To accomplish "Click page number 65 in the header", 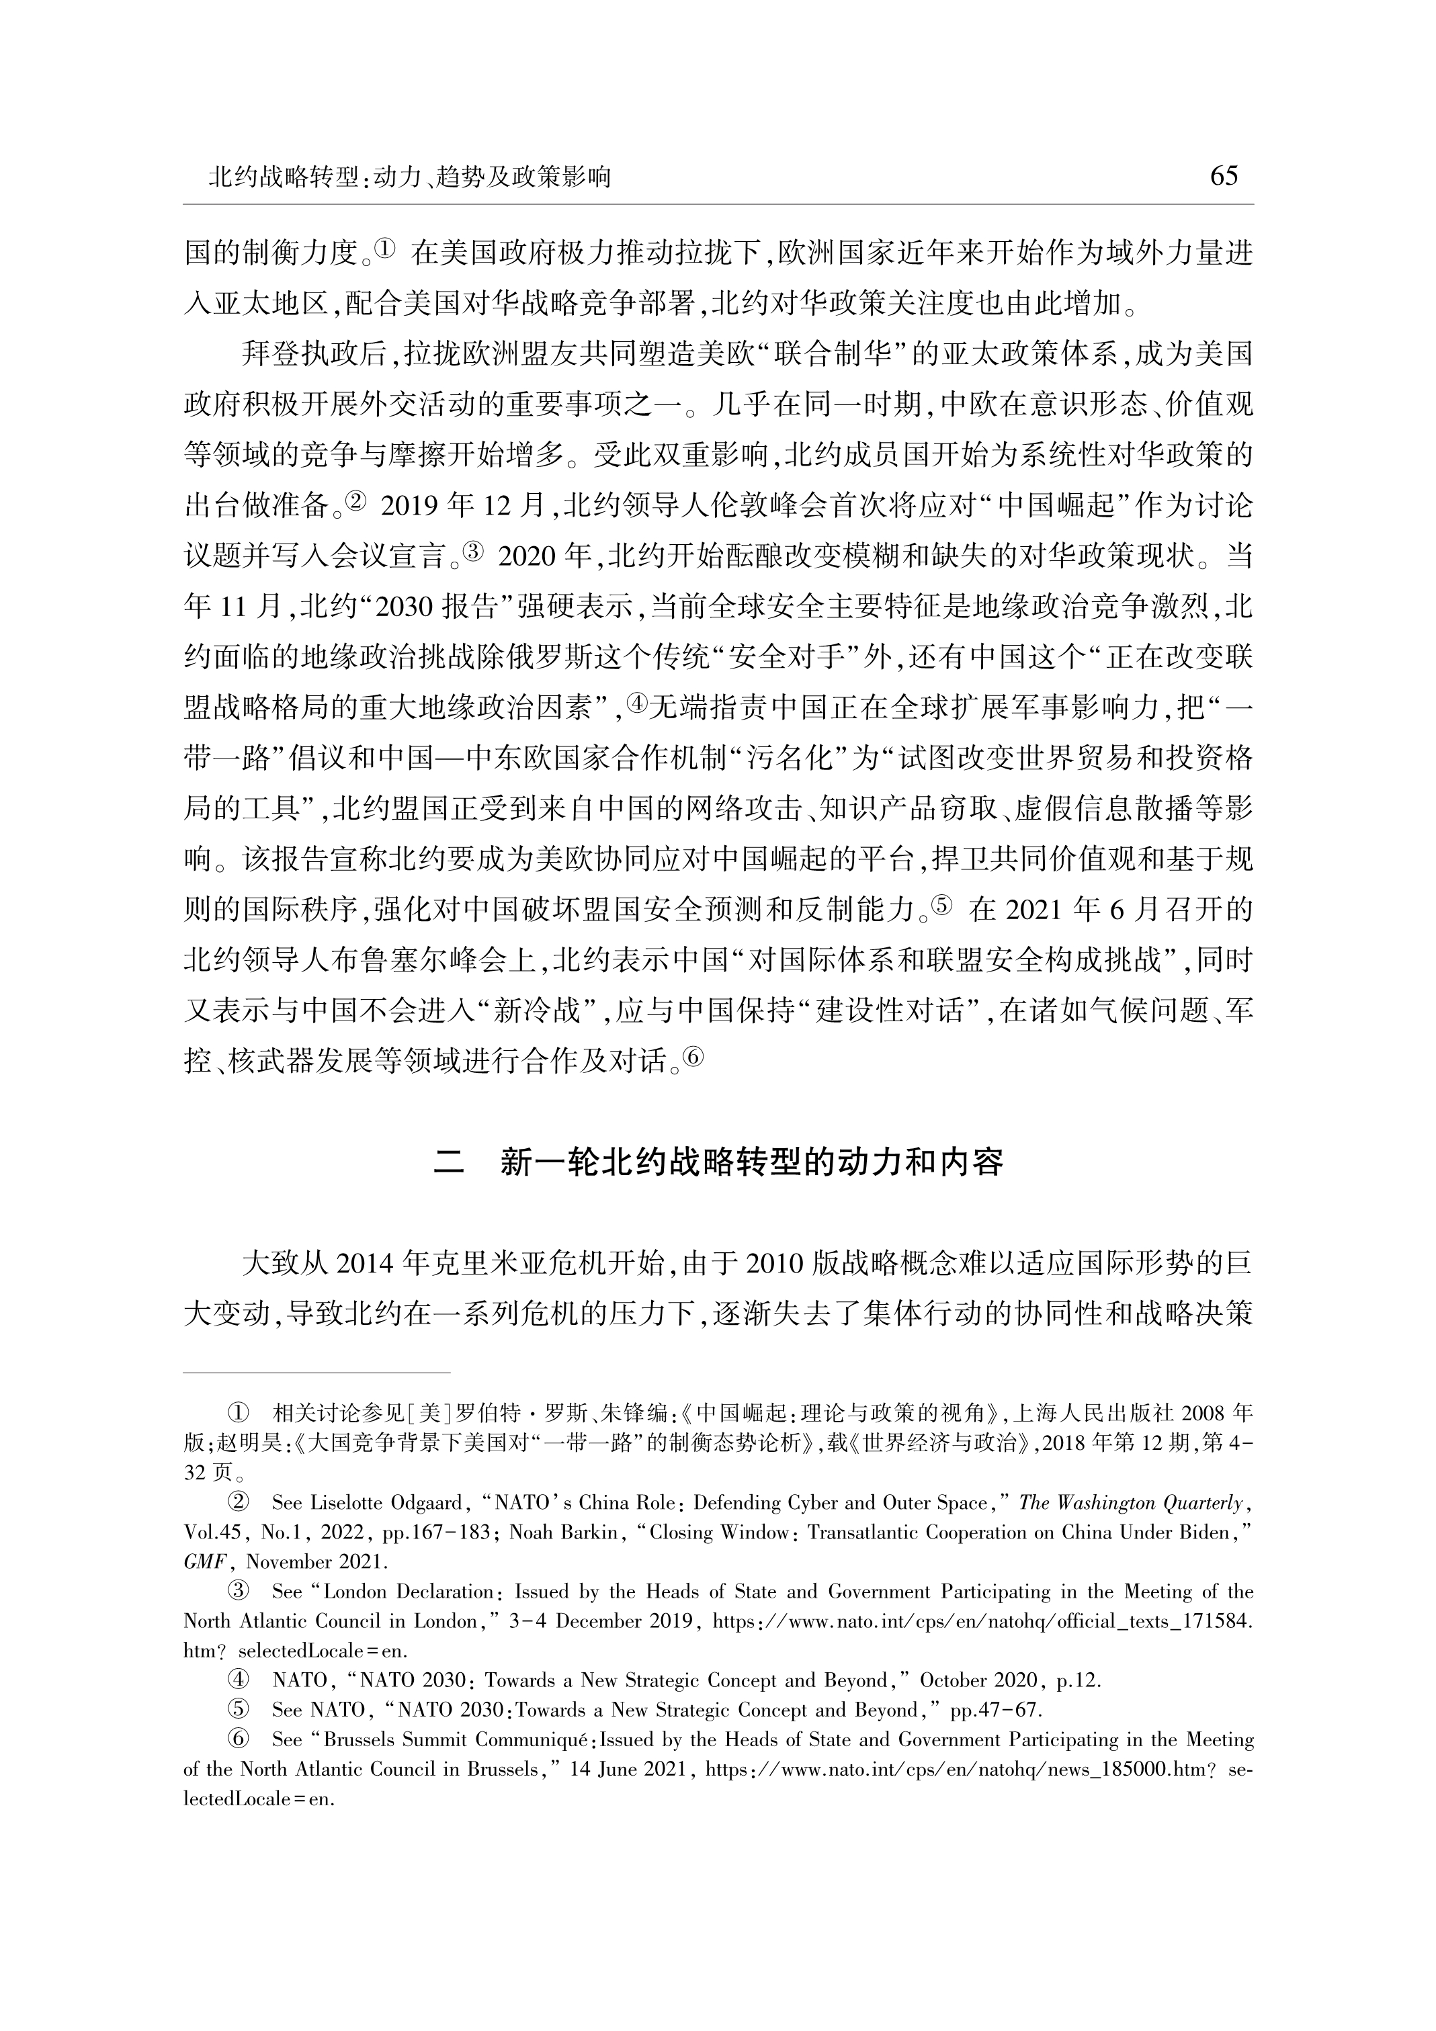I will point(1223,177).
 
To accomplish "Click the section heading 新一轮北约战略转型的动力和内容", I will point(751,1162).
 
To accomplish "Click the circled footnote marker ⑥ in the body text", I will point(693,1057).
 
